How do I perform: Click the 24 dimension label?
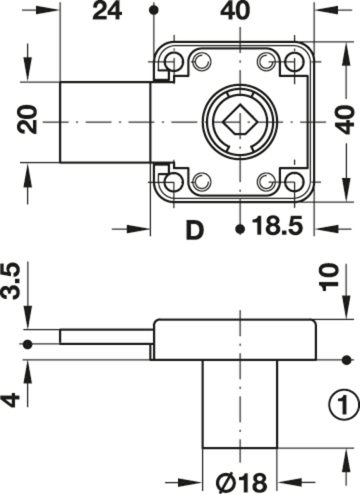(107, 11)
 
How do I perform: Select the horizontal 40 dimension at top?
(235, 11)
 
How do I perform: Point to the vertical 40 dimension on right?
(345, 121)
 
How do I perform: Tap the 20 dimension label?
(28, 120)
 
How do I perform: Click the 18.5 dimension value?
(277, 226)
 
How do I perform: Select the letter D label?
(195, 230)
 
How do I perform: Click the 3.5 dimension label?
(11, 281)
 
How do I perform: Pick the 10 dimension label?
(329, 277)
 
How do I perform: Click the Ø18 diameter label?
(241, 482)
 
